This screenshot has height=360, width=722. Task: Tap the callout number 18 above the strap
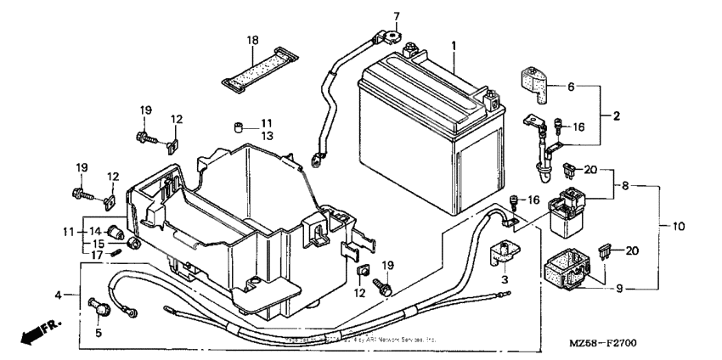pos(252,41)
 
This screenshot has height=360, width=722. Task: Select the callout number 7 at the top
pos(395,16)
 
